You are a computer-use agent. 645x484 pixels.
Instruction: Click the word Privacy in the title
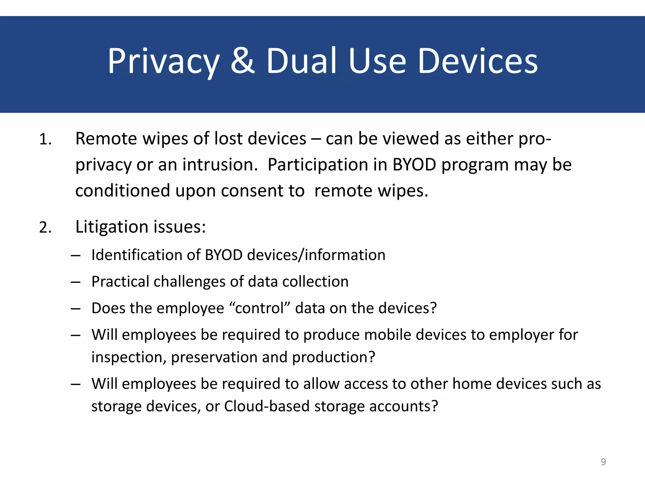coord(163,61)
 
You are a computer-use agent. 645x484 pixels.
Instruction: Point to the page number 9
coord(603,462)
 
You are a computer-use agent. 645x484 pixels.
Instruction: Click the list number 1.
coord(45,139)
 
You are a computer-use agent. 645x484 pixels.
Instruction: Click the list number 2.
coord(45,228)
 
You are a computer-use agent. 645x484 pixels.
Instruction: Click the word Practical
coord(120,281)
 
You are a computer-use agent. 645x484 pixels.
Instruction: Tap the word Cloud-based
coord(267,406)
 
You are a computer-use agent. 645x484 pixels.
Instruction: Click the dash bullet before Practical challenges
coord(76,282)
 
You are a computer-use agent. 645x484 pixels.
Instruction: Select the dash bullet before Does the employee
coord(76,308)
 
